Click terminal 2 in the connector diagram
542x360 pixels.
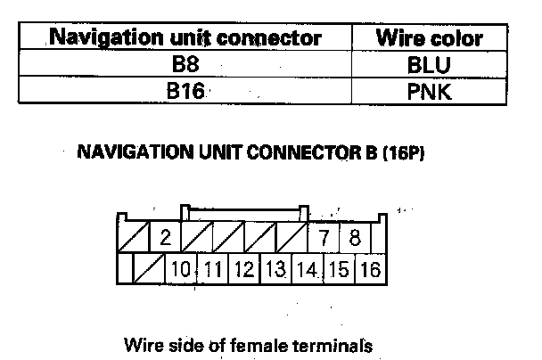click(165, 239)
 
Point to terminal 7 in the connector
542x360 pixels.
click(324, 239)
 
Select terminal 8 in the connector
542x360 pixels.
click(354, 239)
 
